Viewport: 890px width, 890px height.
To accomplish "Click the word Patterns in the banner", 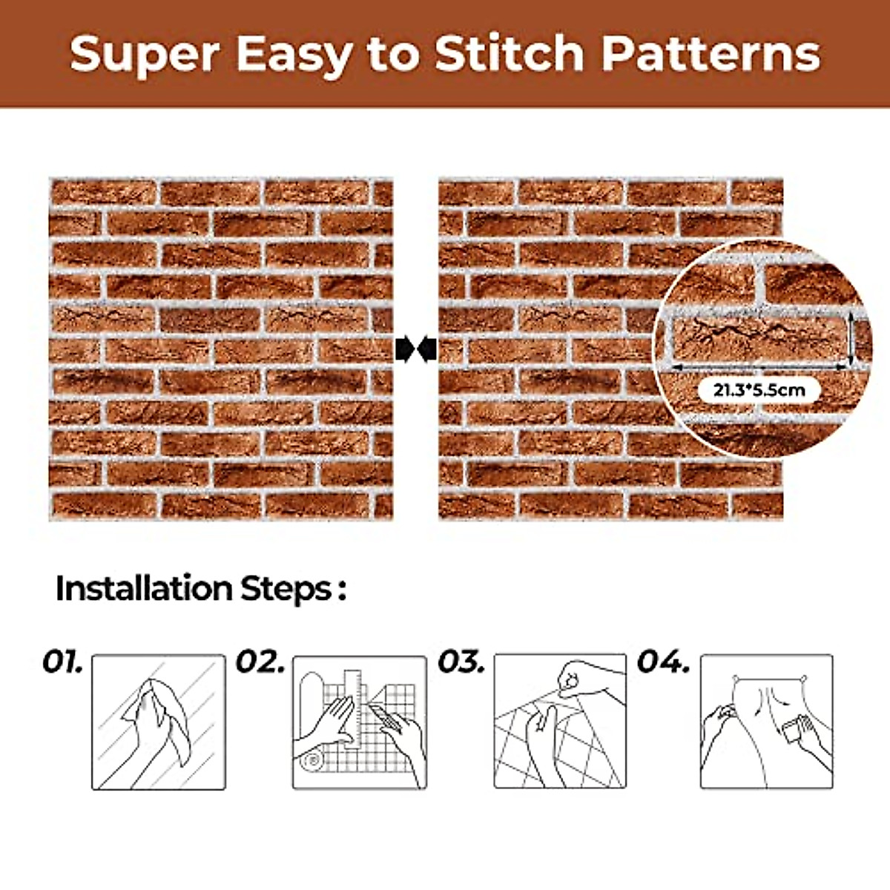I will click(x=711, y=54).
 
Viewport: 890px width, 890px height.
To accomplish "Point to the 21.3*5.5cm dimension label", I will click(x=759, y=389).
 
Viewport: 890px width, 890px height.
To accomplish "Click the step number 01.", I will click(x=62, y=662).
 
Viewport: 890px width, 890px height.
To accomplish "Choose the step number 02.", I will click(x=260, y=662).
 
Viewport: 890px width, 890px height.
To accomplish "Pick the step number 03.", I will click(x=461, y=662).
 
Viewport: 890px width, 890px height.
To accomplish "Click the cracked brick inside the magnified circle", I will click(x=756, y=337).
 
